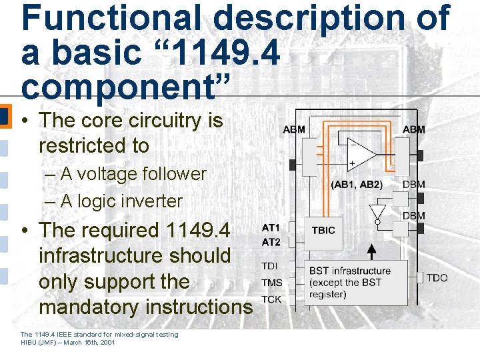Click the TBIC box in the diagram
(x=323, y=231)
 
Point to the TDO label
(x=437, y=277)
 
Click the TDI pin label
(x=269, y=266)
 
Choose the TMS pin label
(x=271, y=283)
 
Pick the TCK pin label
(x=271, y=299)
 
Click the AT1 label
(x=271, y=228)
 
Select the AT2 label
(x=271, y=243)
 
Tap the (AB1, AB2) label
(x=357, y=185)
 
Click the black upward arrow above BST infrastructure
(x=372, y=251)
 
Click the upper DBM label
(x=413, y=185)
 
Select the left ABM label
(x=294, y=129)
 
